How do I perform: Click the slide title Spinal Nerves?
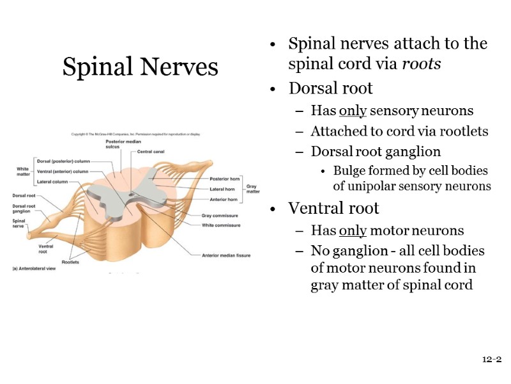pos(140,67)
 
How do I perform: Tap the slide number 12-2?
pos(491,360)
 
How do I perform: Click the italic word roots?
pos(422,65)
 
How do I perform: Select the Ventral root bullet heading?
pos(333,209)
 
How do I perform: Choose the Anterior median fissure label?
pos(226,255)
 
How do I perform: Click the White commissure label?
pos(221,225)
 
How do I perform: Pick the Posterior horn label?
pos(224,179)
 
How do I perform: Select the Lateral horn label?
pos(222,189)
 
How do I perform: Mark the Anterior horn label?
pos(223,199)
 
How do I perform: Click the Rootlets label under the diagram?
pos(70,262)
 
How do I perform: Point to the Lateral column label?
pos(52,182)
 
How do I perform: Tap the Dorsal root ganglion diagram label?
pos(24,209)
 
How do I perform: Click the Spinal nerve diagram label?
pos(19,223)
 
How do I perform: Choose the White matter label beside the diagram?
pos(22,171)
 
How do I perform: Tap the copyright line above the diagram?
pos(135,134)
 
